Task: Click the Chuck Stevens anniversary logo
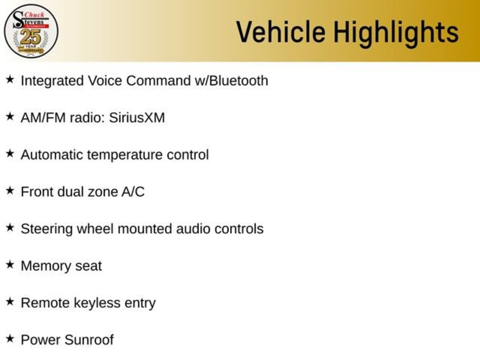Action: pos(31,31)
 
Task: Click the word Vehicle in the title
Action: pos(280,32)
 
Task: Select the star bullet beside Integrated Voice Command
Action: pos(10,80)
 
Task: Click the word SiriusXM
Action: pos(137,118)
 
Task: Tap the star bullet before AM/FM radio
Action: pos(10,117)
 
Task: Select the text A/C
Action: pos(133,192)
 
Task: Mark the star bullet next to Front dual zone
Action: pos(10,191)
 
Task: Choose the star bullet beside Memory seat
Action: pos(10,265)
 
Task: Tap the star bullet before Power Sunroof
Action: pos(10,339)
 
